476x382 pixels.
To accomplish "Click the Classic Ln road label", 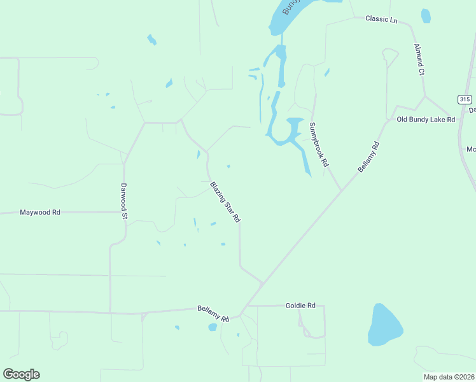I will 381,19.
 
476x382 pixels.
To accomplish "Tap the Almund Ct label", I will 419,60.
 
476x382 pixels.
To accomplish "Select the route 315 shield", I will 465,99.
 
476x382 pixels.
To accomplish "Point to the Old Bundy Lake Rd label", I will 426,119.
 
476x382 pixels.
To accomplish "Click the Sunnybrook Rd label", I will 319,145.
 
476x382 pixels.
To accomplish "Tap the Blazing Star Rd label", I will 225,202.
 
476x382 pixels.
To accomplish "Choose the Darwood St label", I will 125,202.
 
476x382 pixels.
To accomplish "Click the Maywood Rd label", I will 40,212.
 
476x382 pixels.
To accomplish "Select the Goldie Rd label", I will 301,306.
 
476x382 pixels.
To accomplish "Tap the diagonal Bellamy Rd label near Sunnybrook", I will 368,157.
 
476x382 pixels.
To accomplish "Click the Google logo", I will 21,374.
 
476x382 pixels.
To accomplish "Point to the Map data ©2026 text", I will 449,377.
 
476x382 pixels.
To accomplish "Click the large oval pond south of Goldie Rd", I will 384,325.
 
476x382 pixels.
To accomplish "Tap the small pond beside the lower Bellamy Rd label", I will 213,327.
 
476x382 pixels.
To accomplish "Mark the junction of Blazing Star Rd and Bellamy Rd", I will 262,282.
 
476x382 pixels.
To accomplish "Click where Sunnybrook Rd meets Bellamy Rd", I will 341,190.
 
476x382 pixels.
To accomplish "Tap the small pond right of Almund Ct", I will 426,16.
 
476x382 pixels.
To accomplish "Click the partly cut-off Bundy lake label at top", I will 290,6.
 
